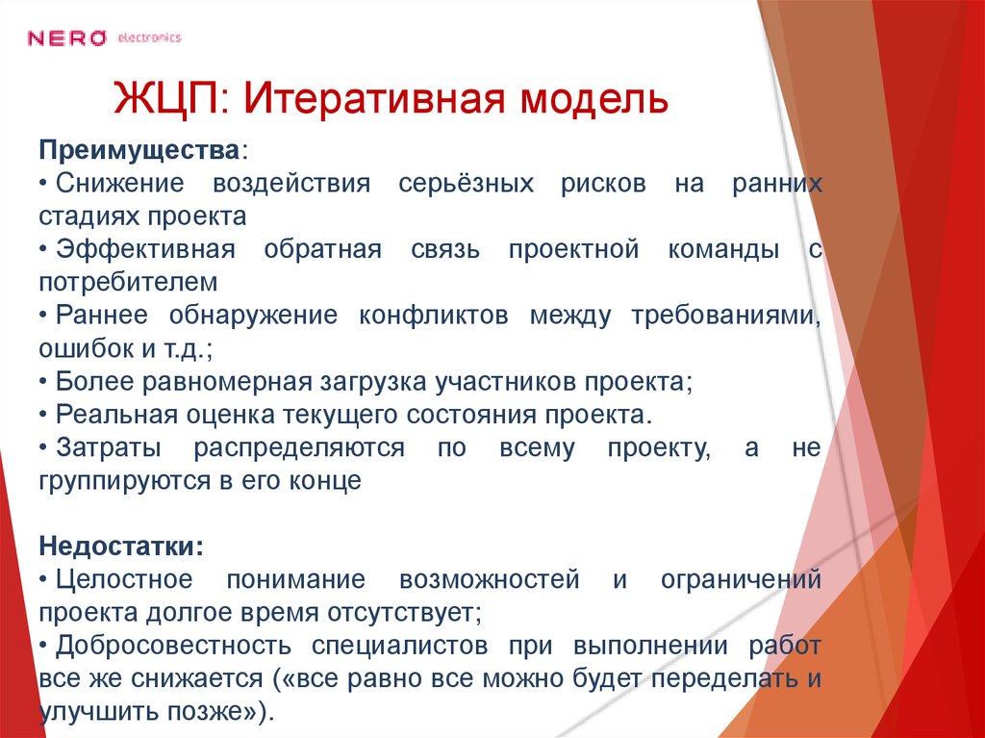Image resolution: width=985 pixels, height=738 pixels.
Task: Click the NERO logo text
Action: [x=66, y=38]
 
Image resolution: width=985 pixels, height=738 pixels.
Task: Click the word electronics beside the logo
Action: [x=148, y=38]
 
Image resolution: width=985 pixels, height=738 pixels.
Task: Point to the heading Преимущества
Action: [x=139, y=152]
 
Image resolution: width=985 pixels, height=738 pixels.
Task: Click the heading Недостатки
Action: [x=119, y=546]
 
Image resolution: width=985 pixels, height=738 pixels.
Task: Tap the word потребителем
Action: [x=129, y=283]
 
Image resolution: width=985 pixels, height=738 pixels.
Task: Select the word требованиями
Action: [x=723, y=316]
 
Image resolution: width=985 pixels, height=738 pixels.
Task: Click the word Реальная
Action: [x=107, y=415]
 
